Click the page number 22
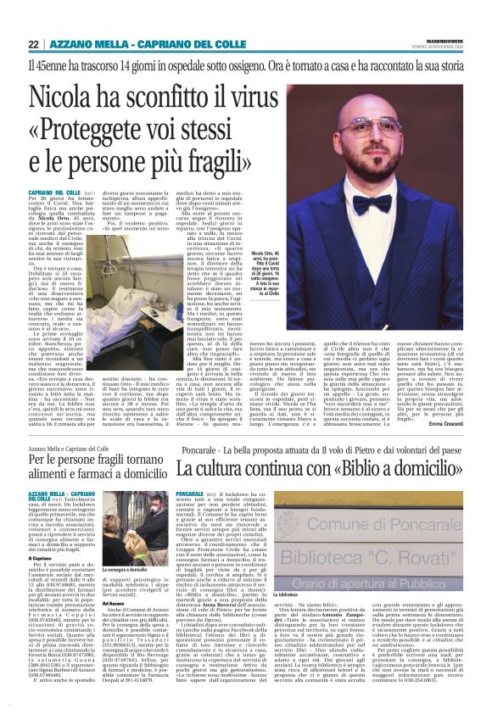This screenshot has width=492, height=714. tap(34, 44)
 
